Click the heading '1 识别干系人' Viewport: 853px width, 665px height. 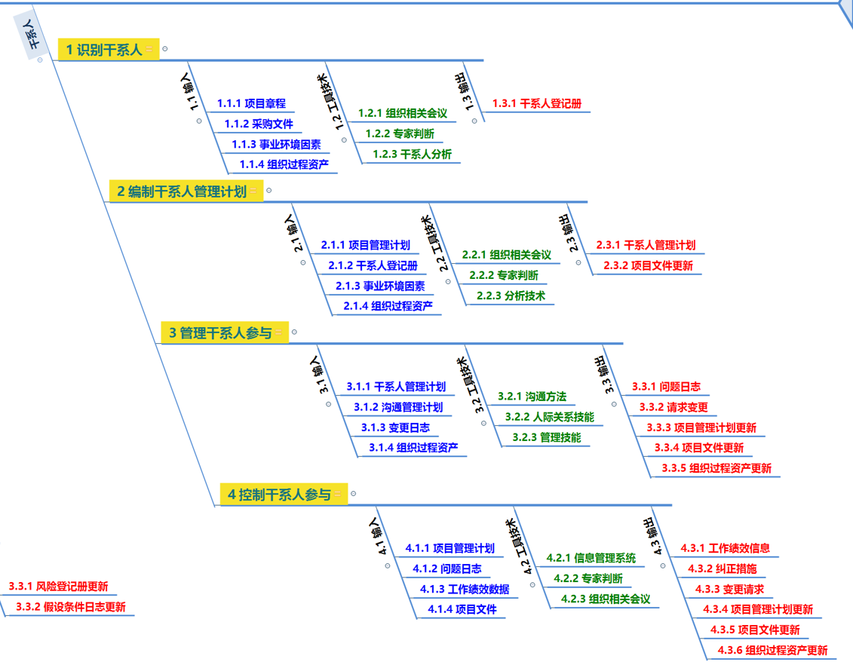click(x=104, y=50)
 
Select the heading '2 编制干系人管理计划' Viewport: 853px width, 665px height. click(x=182, y=192)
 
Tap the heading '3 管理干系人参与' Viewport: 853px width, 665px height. click(x=219, y=332)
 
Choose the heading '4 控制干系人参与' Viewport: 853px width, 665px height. click(x=279, y=495)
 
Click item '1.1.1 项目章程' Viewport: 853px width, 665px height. click(x=251, y=103)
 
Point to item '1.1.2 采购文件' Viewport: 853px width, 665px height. click(x=259, y=124)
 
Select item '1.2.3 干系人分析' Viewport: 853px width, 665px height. click(x=412, y=155)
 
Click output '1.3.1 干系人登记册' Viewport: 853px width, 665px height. click(x=536, y=103)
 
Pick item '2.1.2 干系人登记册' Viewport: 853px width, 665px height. click(x=373, y=265)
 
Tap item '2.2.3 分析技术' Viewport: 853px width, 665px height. click(x=511, y=296)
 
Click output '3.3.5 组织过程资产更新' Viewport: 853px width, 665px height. click(x=716, y=467)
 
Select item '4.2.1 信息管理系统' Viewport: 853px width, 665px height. click(x=591, y=558)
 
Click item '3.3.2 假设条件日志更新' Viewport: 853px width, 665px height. click(x=71, y=607)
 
